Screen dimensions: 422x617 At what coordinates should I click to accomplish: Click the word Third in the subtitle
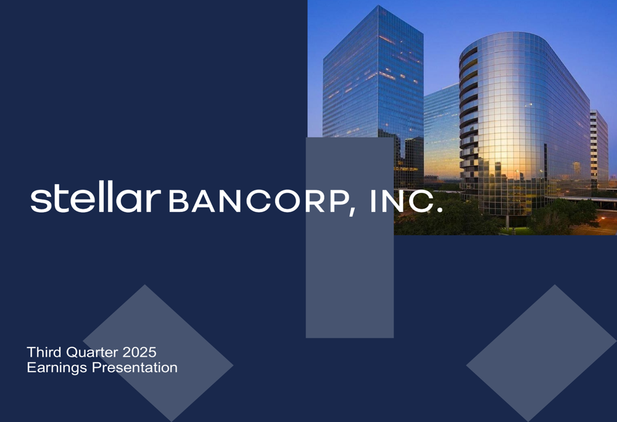43,353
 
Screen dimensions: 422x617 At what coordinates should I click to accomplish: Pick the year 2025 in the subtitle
139,353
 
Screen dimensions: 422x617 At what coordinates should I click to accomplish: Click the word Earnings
55,368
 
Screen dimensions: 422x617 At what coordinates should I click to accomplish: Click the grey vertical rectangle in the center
349,277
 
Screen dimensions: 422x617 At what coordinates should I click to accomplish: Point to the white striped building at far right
598,148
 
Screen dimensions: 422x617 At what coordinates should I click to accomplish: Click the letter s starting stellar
40,201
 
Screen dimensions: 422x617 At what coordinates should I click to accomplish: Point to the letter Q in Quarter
73,353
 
